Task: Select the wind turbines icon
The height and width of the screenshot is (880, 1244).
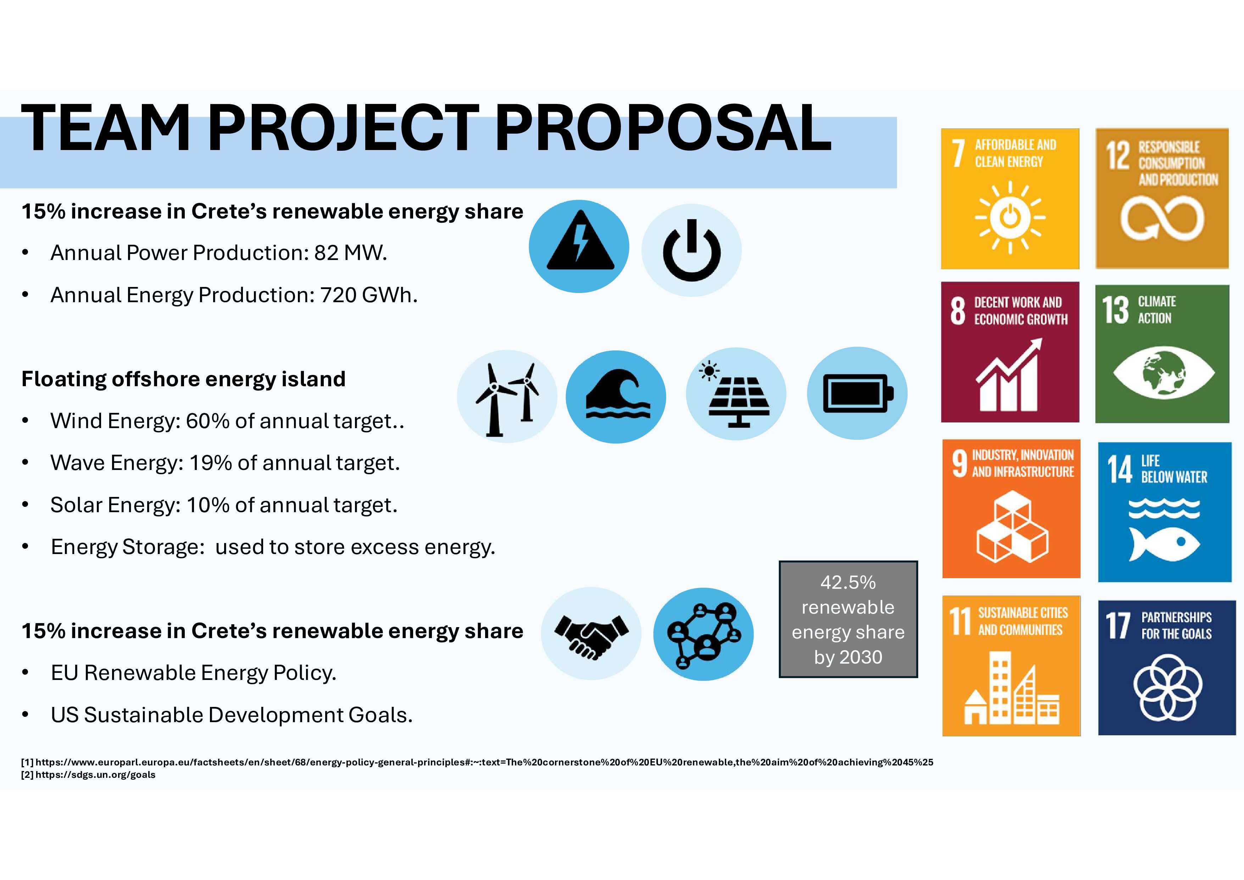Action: click(507, 396)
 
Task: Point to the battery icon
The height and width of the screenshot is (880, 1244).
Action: click(857, 393)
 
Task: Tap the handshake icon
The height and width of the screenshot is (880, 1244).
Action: click(591, 633)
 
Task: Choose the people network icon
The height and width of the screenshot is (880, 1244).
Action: click(703, 634)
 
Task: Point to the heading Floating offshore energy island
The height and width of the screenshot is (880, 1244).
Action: click(183, 379)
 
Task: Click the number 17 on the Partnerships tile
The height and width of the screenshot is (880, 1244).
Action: click(1118, 626)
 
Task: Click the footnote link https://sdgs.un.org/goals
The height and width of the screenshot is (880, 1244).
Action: click(95, 775)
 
